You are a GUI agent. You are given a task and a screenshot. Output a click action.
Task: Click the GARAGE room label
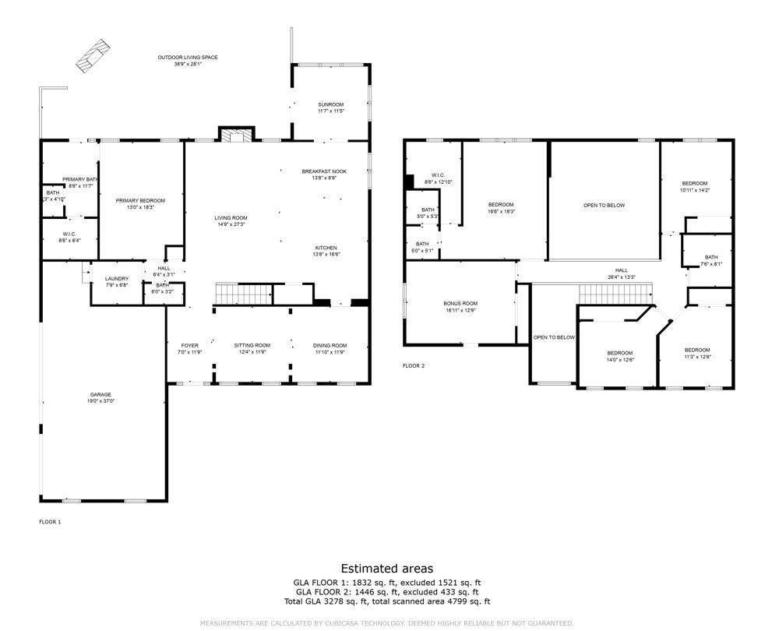pos(101,395)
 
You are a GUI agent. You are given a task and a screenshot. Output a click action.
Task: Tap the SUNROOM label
pos(330,104)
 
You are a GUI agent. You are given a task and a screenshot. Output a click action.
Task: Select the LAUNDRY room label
pos(117,278)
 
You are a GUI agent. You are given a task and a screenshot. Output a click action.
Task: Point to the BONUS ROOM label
pos(460,303)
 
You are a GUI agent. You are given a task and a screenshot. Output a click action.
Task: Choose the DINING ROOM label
pos(330,345)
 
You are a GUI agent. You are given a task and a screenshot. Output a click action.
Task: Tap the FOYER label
pos(190,345)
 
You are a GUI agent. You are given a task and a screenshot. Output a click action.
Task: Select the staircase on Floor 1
pos(243,294)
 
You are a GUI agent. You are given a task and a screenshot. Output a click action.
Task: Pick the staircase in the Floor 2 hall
pos(614,294)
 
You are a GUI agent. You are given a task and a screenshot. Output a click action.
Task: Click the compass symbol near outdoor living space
pos(92,53)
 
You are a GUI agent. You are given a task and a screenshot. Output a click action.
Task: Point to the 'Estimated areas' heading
pos(387,569)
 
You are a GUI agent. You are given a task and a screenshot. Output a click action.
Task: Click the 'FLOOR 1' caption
pos(50,521)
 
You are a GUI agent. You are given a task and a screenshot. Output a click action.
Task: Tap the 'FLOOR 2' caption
pos(414,365)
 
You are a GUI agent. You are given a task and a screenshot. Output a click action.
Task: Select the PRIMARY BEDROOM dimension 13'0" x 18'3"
pos(140,207)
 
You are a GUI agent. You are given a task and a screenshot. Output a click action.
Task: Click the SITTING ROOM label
pos(252,345)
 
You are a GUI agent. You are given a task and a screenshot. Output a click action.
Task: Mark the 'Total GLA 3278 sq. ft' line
pos(387,601)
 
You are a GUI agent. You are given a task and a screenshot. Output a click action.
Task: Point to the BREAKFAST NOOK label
pos(324,171)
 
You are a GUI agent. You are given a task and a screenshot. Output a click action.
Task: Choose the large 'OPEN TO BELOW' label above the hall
pos(605,206)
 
